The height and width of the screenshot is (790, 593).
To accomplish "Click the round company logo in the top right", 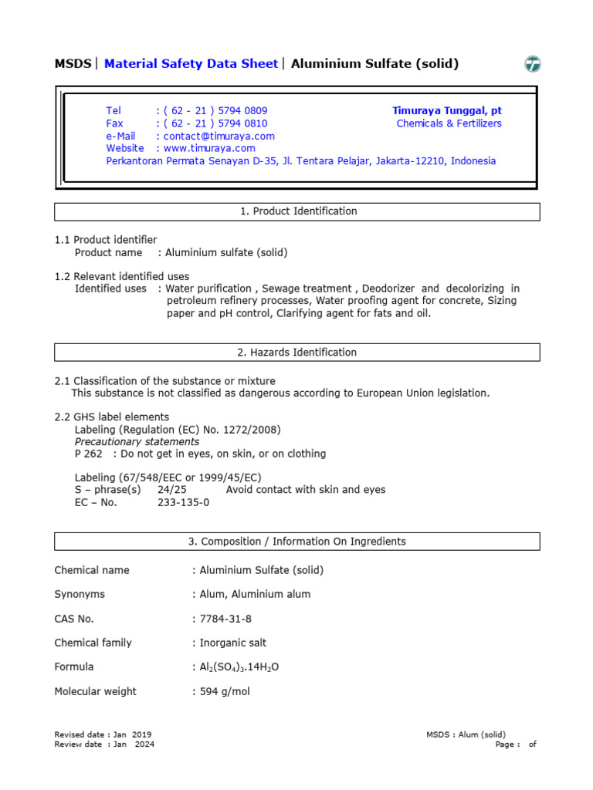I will pos(533,65).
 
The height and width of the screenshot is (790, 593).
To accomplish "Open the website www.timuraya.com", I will pos(209,148).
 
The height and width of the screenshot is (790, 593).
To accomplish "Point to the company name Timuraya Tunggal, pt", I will pos(447,111).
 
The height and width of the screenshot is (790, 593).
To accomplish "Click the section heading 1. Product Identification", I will pos(296,211).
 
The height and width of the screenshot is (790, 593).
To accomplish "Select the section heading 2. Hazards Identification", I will pos(296,353).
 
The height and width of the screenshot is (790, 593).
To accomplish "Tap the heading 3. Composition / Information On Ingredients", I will pos(296,542).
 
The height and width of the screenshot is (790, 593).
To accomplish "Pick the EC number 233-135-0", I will pos(183,502).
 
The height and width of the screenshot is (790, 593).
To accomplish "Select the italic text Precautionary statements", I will pos(137,442).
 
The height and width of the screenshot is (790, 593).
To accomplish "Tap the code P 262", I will pos(88,454).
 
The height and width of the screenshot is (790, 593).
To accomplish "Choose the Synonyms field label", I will pos(80,595).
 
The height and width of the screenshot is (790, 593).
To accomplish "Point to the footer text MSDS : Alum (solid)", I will pos(466,735).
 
